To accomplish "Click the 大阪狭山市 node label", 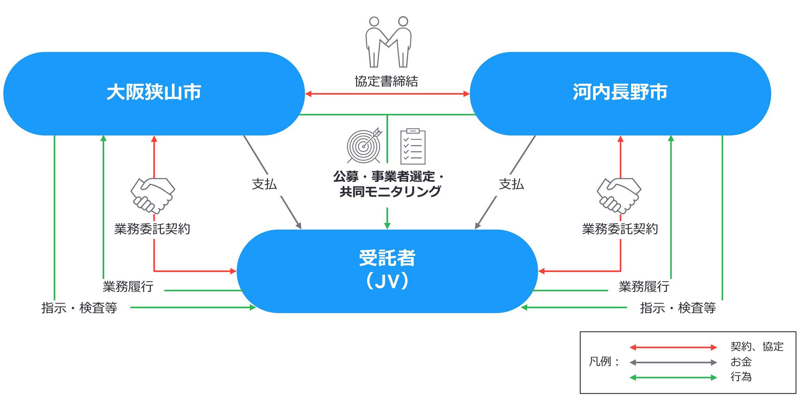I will tap(154, 93).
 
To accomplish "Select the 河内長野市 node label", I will tap(620, 93).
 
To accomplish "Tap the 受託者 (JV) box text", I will tap(387, 270).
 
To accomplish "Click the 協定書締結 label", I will tap(386, 81).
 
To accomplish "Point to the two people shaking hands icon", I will tap(388, 42).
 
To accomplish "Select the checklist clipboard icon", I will tap(413, 146).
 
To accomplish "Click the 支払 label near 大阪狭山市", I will tap(264, 184).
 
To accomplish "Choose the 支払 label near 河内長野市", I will tap(511, 184).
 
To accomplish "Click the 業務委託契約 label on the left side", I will tap(152, 229).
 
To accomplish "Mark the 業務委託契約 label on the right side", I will tap(620, 229).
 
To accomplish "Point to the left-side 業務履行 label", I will tap(128, 287).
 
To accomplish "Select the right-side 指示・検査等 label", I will tap(678, 308).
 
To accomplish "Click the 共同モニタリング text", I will tap(390, 192).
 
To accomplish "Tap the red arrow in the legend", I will tap(673, 347).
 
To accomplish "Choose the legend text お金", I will tap(741, 362).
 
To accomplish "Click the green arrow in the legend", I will tap(673, 378).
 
